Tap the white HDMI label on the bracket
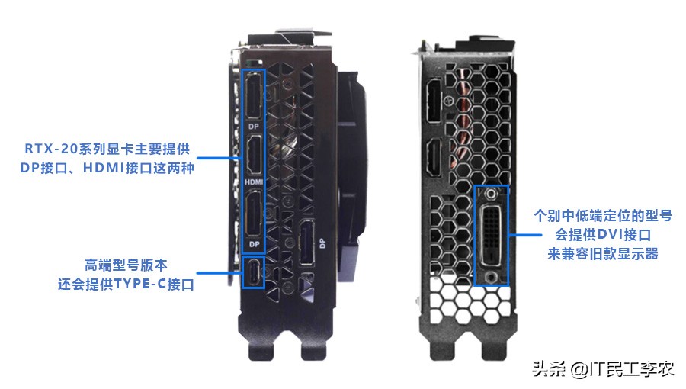(x=254, y=183)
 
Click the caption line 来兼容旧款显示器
(x=602, y=253)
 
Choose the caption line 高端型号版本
(x=127, y=265)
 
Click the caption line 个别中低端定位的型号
(x=602, y=216)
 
